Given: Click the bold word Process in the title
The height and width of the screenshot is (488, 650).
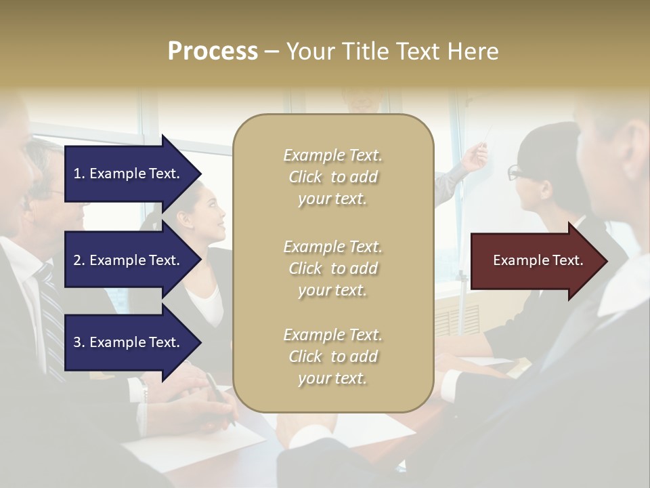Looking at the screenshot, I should (x=213, y=52).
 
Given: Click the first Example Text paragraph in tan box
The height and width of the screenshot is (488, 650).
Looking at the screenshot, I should (x=332, y=177).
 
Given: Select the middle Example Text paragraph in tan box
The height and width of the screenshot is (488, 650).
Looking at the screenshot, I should (x=332, y=268).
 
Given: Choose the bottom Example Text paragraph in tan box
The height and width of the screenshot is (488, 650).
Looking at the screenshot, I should (x=332, y=357).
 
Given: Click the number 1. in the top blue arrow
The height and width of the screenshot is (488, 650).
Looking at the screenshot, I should (x=79, y=174).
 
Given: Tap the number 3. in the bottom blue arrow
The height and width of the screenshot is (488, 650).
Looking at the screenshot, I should (x=79, y=342).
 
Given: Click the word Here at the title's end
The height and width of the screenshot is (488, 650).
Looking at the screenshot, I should (x=473, y=52).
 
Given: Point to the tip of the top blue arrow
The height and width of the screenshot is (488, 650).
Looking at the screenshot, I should (x=200, y=174).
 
